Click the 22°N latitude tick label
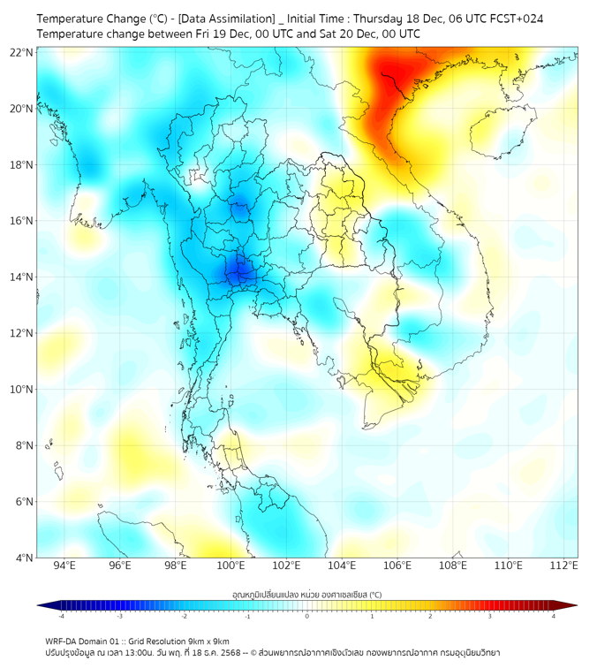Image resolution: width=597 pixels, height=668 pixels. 22,52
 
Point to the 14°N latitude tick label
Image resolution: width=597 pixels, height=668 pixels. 22,277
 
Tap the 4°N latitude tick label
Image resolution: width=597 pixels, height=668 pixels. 25,558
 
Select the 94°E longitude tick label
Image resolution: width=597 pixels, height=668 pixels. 64,566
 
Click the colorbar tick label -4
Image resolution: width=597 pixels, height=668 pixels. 61,616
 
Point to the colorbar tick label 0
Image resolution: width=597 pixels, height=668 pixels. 307,616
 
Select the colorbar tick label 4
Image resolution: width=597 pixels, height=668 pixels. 553,616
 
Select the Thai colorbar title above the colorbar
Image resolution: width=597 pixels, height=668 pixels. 306,594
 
